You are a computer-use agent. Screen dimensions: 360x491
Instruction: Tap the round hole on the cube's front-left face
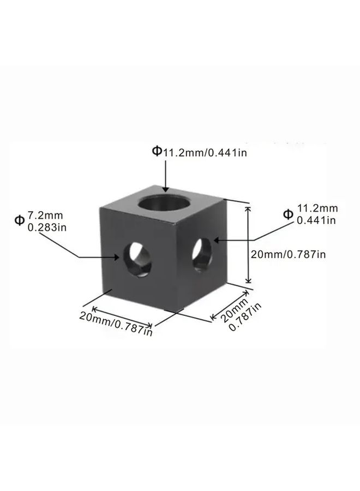[137, 259]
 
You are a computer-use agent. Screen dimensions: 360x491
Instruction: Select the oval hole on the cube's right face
[202, 255]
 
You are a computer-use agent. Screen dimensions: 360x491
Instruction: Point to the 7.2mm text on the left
[45, 215]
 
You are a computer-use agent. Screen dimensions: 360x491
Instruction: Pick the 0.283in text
[47, 227]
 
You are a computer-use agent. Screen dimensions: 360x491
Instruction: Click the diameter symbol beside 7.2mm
[20, 220]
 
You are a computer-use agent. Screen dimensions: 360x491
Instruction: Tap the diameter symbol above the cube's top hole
[157, 151]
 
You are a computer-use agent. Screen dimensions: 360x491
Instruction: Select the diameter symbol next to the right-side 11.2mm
[288, 214]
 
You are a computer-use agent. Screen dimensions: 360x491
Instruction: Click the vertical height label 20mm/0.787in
[289, 254]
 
